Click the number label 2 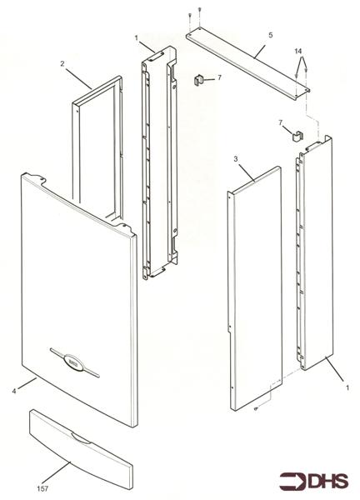tap(63, 64)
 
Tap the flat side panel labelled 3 tap(254, 292)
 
